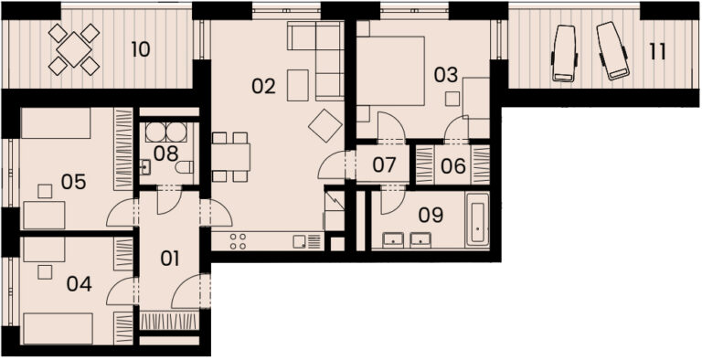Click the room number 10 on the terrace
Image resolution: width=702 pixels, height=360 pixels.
[x=141, y=49]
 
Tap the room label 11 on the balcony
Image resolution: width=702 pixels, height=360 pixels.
[x=657, y=52]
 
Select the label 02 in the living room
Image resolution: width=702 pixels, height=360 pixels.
[x=263, y=86]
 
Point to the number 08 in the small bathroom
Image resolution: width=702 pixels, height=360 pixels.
[x=165, y=154]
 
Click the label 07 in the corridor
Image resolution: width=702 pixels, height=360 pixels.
[x=384, y=165]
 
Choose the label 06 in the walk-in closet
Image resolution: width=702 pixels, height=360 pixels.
[x=453, y=166]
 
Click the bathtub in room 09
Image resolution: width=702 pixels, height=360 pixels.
[x=477, y=219]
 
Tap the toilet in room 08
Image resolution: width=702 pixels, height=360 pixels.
[x=184, y=167]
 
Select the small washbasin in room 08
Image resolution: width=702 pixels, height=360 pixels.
[x=145, y=167]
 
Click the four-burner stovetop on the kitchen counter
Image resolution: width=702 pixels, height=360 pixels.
[x=238, y=241]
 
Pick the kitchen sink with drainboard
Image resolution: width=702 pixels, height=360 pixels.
[x=307, y=242]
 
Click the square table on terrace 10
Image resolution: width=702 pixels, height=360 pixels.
[x=74, y=49]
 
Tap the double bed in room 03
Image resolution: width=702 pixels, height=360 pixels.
[x=390, y=70]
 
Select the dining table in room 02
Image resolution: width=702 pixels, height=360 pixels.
[x=230, y=157]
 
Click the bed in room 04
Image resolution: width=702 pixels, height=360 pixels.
[x=58, y=329]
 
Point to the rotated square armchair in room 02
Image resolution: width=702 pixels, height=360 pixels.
[x=325, y=126]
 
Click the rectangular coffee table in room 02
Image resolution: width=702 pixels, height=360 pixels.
[x=298, y=85]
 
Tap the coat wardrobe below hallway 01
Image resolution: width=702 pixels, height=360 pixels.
[x=169, y=322]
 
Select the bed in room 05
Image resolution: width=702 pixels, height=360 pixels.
[x=56, y=123]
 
